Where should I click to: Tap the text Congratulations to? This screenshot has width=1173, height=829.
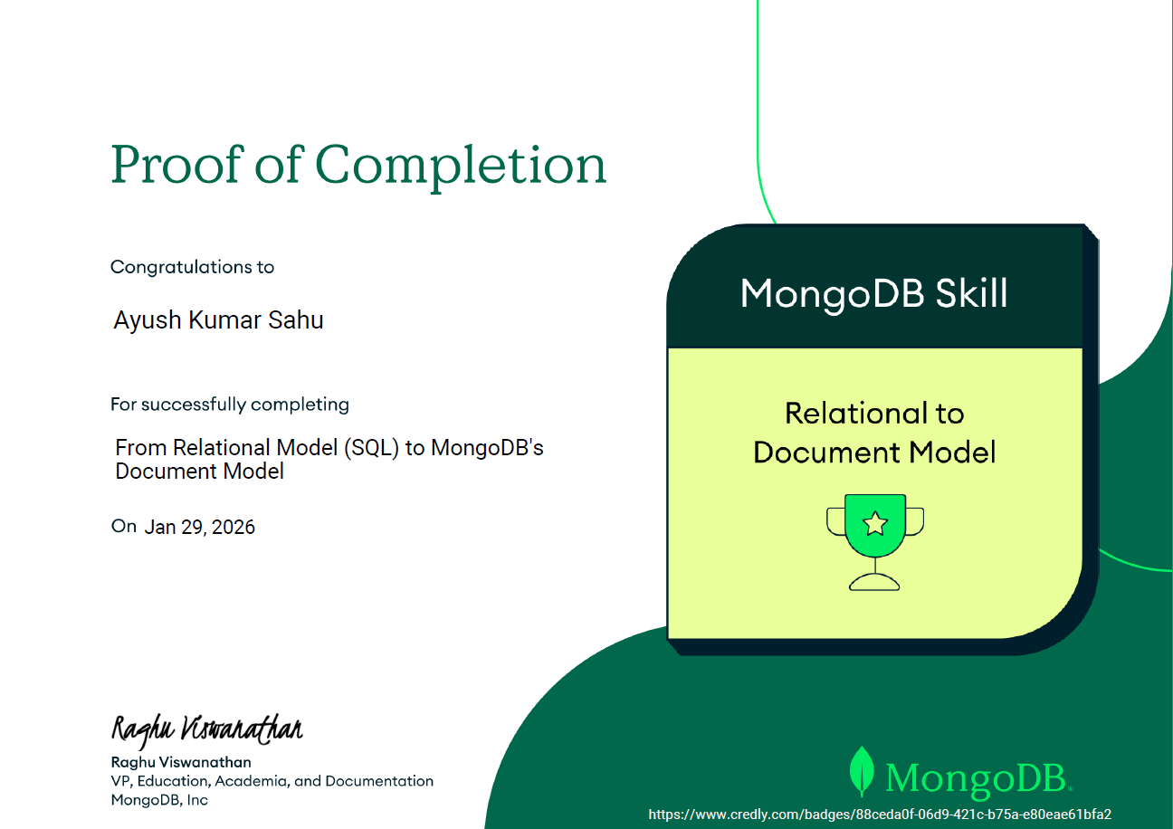[192, 267]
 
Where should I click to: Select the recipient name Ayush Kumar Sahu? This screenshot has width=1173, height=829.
[218, 320]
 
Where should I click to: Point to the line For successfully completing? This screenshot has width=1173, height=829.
[229, 405]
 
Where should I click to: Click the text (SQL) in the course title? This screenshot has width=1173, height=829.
[371, 448]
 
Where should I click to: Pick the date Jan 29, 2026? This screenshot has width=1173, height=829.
[199, 527]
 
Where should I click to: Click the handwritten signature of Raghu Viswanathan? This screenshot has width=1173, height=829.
[206, 729]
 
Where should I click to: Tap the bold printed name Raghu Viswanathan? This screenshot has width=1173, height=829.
[180, 762]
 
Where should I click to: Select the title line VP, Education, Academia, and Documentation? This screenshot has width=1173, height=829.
[272, 781]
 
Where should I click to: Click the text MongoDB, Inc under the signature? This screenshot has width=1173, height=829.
[158, 800]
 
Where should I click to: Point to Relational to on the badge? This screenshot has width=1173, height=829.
[873, 414]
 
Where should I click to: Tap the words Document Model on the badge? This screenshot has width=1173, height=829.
[873, 452]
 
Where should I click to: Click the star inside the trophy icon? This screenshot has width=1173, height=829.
[874, 523]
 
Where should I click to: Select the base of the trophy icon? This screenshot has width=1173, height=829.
[874, 584]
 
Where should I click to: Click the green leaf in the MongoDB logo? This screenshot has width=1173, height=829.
[862, 771]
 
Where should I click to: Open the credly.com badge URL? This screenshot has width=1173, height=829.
[880, 815]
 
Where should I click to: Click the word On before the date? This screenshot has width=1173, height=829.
[124, 526]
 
